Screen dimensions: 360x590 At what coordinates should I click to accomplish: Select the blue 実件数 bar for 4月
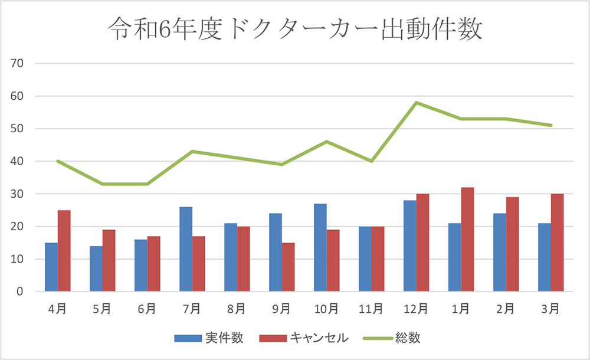(x=51, y=267)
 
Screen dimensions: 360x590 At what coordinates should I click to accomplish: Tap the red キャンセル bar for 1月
(x=467, y=240)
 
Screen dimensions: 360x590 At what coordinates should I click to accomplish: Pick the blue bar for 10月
(x=320, y=248)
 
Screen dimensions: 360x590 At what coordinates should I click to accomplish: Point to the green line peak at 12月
(x=416, y=103)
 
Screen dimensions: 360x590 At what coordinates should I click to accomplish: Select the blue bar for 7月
(x=186, y=249)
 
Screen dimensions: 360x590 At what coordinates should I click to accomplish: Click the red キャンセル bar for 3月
(x=557, y=243)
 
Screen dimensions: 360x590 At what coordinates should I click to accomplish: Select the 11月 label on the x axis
(x=371, y=308)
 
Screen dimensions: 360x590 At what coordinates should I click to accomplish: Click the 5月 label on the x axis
(x=102, y=308)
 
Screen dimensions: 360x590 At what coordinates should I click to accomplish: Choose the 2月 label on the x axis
(x=506, y=308)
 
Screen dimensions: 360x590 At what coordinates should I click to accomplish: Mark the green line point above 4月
(x=57, y=161)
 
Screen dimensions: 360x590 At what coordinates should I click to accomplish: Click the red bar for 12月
(x=422, y=243)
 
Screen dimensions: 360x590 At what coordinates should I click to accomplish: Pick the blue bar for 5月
(x=96, y=269)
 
